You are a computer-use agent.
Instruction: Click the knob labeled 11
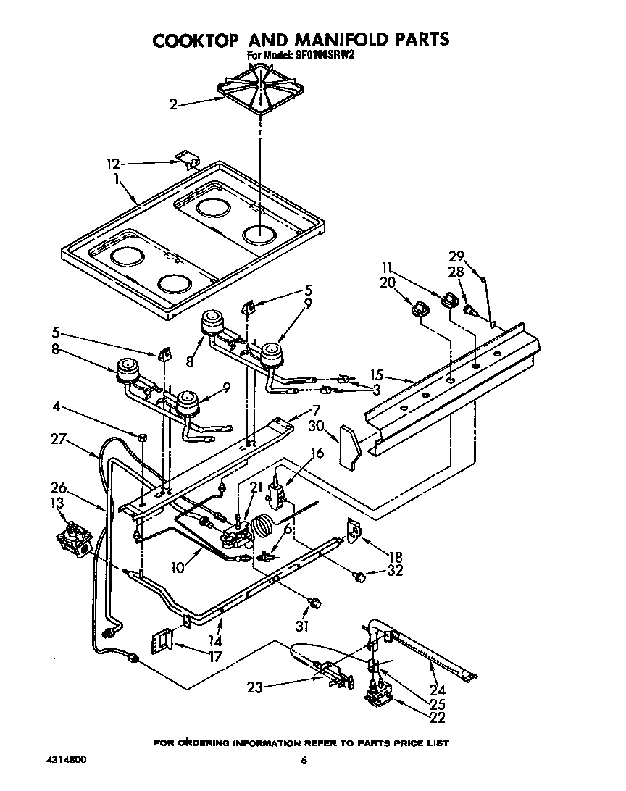tap(449, 301)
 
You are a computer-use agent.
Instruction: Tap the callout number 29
tap(455, 256)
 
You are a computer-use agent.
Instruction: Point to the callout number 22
tap(437, 719)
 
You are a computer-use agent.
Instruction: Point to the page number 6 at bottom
tap(304, 760)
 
